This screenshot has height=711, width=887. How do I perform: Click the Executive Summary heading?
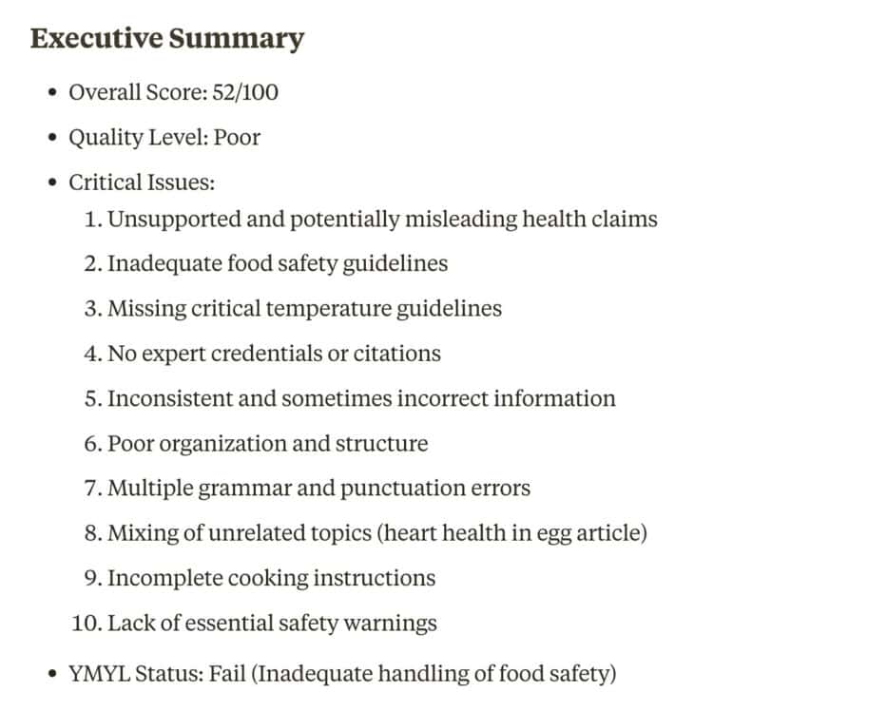coord(166,39)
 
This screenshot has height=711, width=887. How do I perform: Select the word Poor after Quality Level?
coord(237,137)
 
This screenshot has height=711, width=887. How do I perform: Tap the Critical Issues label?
coord(142,182)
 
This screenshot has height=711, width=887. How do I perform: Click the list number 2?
coord(91,263)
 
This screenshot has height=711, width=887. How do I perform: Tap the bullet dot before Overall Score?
coord(53,93)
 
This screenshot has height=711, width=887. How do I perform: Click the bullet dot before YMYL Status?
coord(53,675)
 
